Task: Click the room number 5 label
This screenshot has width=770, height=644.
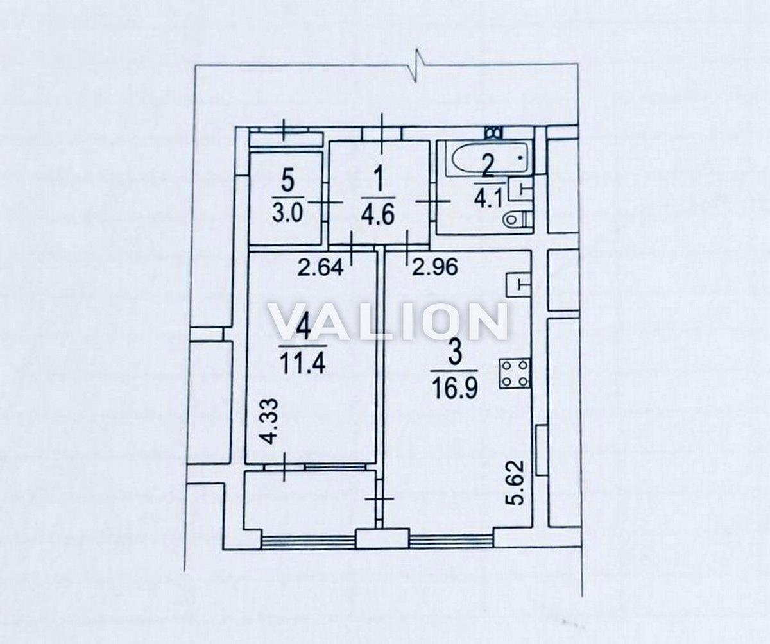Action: pyautogui.click(x=288, y=182)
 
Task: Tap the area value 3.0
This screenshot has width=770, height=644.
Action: pyautogui.click(x=287, y=214)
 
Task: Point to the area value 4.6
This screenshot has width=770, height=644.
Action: pyautogui.click(x=378, y=215)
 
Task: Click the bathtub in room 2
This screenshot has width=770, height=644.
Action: pyautogui.click(x=489, y=159)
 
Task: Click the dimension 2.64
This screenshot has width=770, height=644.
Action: pyautogui.click(x=320, y=268)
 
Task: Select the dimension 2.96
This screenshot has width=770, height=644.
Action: pyautogui.click(x=435, y=267)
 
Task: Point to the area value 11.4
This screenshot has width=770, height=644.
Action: pyautogui.click(x=303, y=364)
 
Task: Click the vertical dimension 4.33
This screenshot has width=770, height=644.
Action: pyautogui.click(x=268, y=420)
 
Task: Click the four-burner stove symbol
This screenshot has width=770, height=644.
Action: pyautogui.click(x=515, y=374)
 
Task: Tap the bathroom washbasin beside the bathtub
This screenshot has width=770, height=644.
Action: pyautogui.click(x=520, y=189)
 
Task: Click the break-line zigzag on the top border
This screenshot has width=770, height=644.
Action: pyautogui.click(x=416, y=65)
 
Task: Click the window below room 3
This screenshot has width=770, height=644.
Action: pyautogui.click(x=451, y=541)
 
